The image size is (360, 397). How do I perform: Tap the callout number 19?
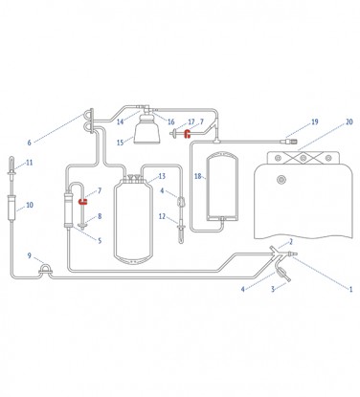pos(313,121)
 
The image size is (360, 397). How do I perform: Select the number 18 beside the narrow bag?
pos(198,177)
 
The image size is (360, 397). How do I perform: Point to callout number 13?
pos(162,177)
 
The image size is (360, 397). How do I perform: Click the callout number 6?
pos(29,143)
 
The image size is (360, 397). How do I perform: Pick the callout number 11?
pos(30,164)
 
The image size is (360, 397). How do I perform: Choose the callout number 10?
pos(30,205)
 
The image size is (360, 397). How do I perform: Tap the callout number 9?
pos(30,255)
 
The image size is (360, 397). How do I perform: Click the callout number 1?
pos(350,288)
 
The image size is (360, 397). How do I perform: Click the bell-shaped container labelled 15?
pos(146,131)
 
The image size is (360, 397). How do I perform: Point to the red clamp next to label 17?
pos(188,133)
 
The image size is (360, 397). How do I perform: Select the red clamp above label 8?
pos(82,202)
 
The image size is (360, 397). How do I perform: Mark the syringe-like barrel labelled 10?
pos(11,206)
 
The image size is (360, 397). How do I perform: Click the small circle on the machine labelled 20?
pos(281,179)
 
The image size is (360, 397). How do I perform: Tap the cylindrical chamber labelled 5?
pos(69,211)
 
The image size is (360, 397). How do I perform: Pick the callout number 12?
pos(162,217)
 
